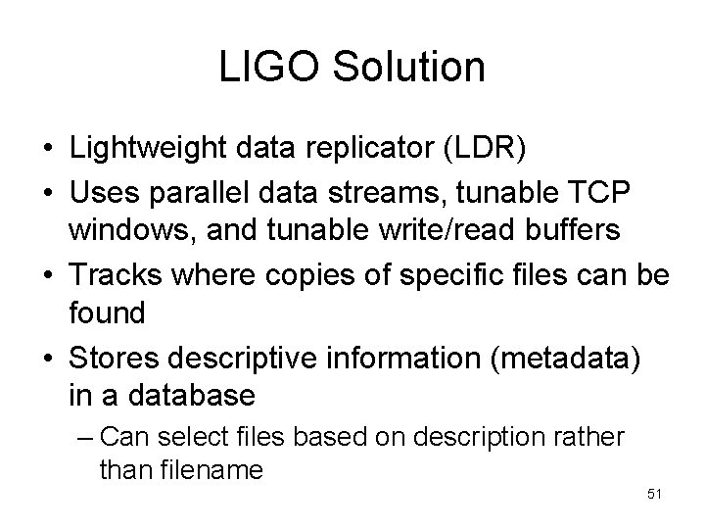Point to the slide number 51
click(x=655, y=494)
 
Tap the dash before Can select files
click(x=85, y=435)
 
